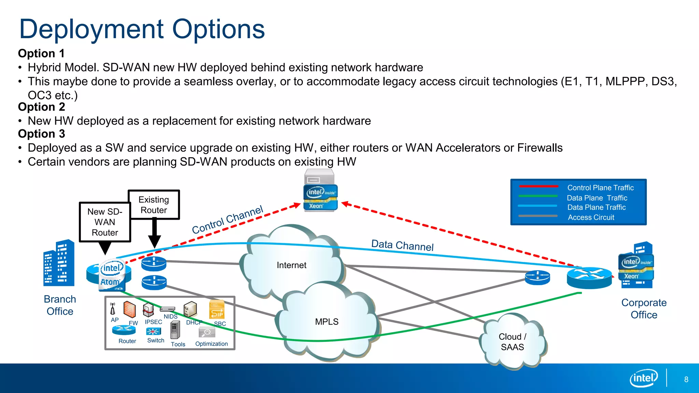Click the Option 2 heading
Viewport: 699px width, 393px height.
click(41, 107)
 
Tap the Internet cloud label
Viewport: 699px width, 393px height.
click(291, 265)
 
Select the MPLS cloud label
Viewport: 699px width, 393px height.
click(327, 322)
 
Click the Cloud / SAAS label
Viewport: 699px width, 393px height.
click(512, 341)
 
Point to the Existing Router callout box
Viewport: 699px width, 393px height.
click(154, 205)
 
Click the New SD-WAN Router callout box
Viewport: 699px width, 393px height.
click(105, 222)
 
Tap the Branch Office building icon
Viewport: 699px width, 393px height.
click(59, 263)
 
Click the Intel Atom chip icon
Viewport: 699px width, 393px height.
click(111, 276)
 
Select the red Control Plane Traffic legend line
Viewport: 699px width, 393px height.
click(538, 187)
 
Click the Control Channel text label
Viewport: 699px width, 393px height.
click(227, 219)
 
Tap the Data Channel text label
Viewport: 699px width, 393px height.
click(402, 245)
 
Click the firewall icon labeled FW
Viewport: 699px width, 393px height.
click(129, 310)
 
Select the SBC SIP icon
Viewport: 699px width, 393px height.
click(217, 310)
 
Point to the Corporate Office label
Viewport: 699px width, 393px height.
click(644, 308)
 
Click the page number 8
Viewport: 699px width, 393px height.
click(686, 379)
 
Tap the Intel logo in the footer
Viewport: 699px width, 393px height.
click(643, 378)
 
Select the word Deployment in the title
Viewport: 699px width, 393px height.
click(91, 29)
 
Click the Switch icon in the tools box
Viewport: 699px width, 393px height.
click(153, 332)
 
